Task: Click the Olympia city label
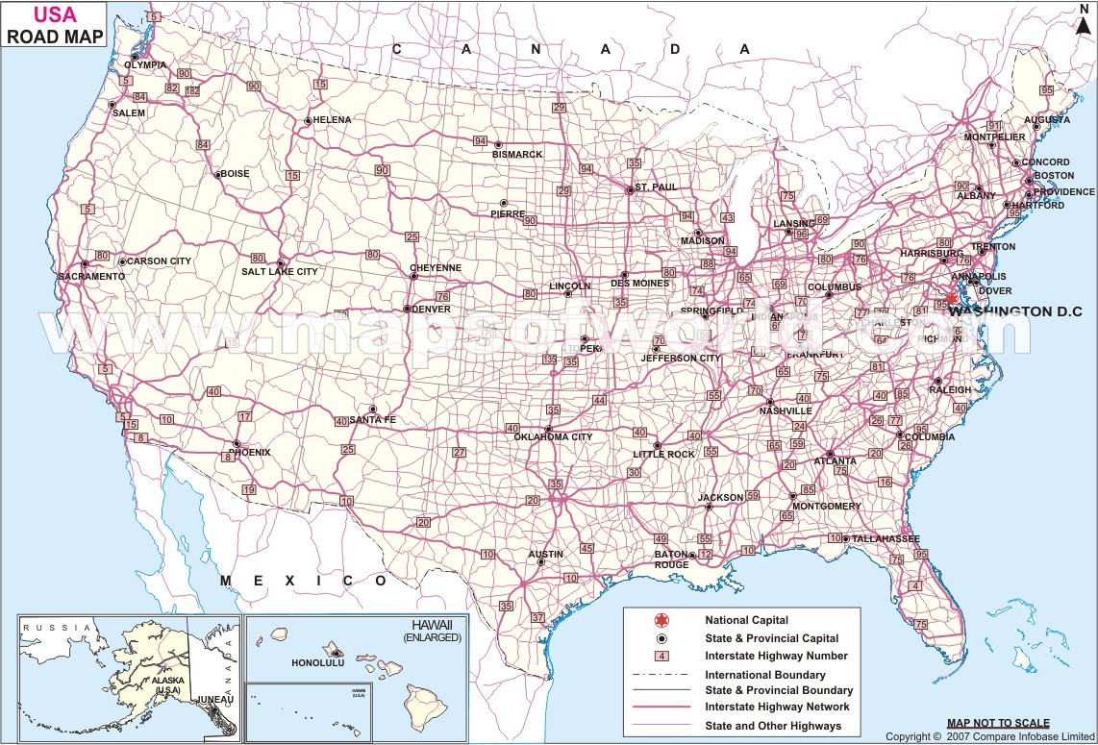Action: pos(144,65)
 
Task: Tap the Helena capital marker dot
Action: pos(307,121)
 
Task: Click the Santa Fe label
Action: pos(372,420)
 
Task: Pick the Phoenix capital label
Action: pos(250,452)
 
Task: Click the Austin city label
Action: pos(546,555)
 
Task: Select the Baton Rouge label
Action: pos(672,559)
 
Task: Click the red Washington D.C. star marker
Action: pos(951,299)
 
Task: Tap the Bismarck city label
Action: pos(517,155)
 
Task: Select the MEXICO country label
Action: pos(304,581)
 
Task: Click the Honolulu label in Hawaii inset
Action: pos(317,663)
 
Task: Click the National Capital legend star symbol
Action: pos(661,621)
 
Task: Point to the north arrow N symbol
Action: pos(1083,10)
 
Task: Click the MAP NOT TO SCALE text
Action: pos(998,723)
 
